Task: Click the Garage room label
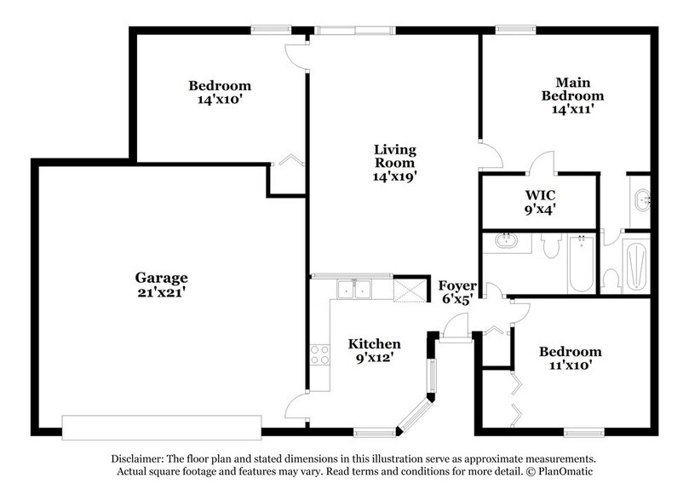(161, 278)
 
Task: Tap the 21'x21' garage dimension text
(161, 292)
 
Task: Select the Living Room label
(394, 157)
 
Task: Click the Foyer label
(456, 285)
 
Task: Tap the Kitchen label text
(374, 343)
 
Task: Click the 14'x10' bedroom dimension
(220, 100)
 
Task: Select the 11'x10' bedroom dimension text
(570, 366)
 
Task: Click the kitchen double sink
(353, 290)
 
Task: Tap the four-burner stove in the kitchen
(319, 354)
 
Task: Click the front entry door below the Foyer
(456, 328)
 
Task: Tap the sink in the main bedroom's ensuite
(640, 201)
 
